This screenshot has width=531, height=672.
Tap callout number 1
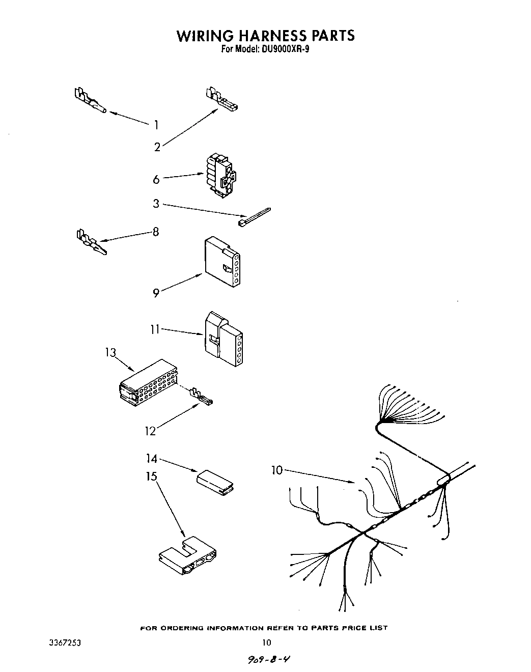tap(156, 125)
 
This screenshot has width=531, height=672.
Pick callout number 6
tap(156, 180)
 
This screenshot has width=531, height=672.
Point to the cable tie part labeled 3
tap(254, 216)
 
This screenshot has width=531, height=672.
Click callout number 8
tap(156, 232)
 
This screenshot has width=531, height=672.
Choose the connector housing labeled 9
tap(222, 262)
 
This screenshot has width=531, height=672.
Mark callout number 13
tap(111, 352)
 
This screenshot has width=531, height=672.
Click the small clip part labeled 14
tap(215, 482)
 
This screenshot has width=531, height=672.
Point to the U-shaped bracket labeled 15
tap(186, 555)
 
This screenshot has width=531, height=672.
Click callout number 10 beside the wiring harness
tap(276, 470)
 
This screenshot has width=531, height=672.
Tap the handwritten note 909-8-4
tap(270, 660)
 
